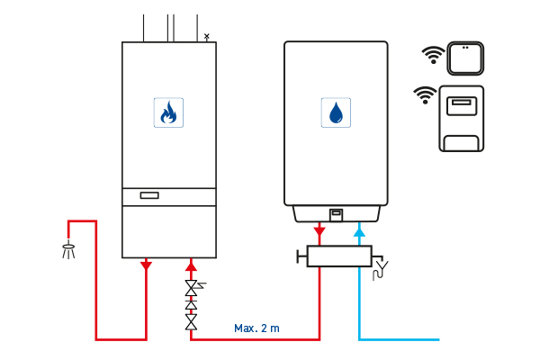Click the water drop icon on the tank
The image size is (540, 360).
(336, 112)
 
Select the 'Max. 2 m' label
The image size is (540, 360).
(256, 328)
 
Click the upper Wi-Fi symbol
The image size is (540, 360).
(435, 55)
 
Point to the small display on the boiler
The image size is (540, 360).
(149, 194)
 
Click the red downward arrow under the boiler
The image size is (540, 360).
(146, 265)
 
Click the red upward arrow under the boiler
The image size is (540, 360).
(191, 265)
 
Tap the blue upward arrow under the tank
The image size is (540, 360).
(359, 232)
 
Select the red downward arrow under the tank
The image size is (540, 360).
(319, 232)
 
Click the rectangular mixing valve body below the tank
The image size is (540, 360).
(339, 256)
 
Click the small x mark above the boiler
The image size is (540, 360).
(207, 37)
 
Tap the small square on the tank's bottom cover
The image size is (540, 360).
(336, 214)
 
